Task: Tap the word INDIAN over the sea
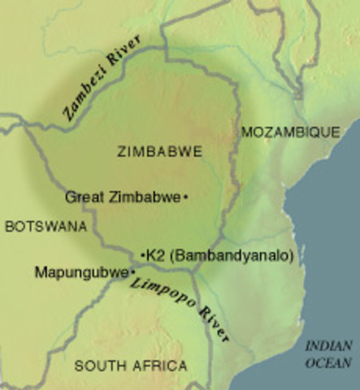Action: [x=328, y=346]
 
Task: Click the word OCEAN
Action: [x=328, y=363]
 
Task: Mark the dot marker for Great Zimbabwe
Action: [x=186, y=197]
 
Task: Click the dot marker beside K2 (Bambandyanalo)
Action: [x=142, y=256]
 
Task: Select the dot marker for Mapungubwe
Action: [x=132, y=272]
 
